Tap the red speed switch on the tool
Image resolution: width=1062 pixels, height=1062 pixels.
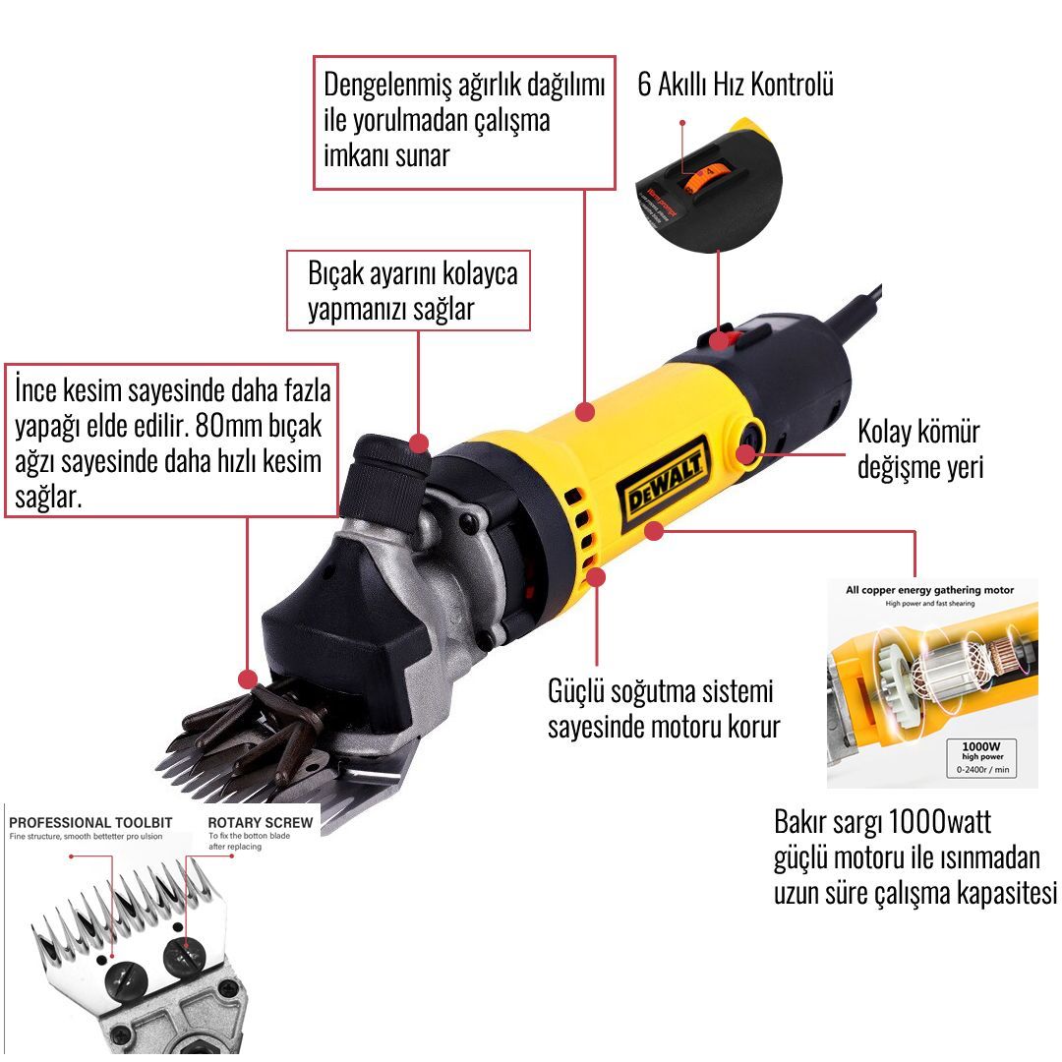722,340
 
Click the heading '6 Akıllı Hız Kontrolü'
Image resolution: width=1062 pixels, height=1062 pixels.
736,85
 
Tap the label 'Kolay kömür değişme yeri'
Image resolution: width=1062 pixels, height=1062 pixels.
919,447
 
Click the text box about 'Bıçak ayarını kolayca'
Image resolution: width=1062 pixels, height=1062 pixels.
408,290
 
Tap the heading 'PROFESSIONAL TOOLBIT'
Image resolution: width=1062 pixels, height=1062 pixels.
90,822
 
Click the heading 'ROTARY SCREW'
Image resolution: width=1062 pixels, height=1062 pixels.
261,822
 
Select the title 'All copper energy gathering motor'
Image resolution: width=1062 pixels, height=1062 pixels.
930,590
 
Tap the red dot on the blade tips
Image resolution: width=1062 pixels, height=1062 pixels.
247,678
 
